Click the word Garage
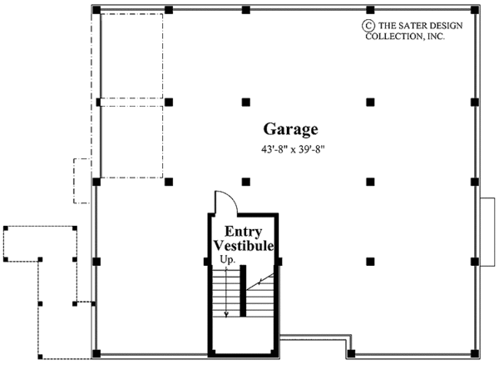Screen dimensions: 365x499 (291, 129)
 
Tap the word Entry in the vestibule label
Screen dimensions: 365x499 (243, 232)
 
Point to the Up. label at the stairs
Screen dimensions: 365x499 (226, 261)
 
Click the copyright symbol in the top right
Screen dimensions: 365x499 (367, 25)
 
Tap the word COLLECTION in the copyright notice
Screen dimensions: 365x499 (398, 37)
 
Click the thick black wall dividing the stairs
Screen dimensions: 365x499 (242, 291)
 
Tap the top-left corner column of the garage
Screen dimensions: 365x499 (97, 11)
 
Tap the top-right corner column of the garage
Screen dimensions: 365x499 (475, 11)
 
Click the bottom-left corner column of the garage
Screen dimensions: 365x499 (97, 353)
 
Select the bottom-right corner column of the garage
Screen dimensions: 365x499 (475, 353)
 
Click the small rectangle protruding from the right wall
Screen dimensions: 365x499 (487, 232)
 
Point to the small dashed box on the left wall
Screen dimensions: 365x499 (82, 180)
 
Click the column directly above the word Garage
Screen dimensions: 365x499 (245, 102)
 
